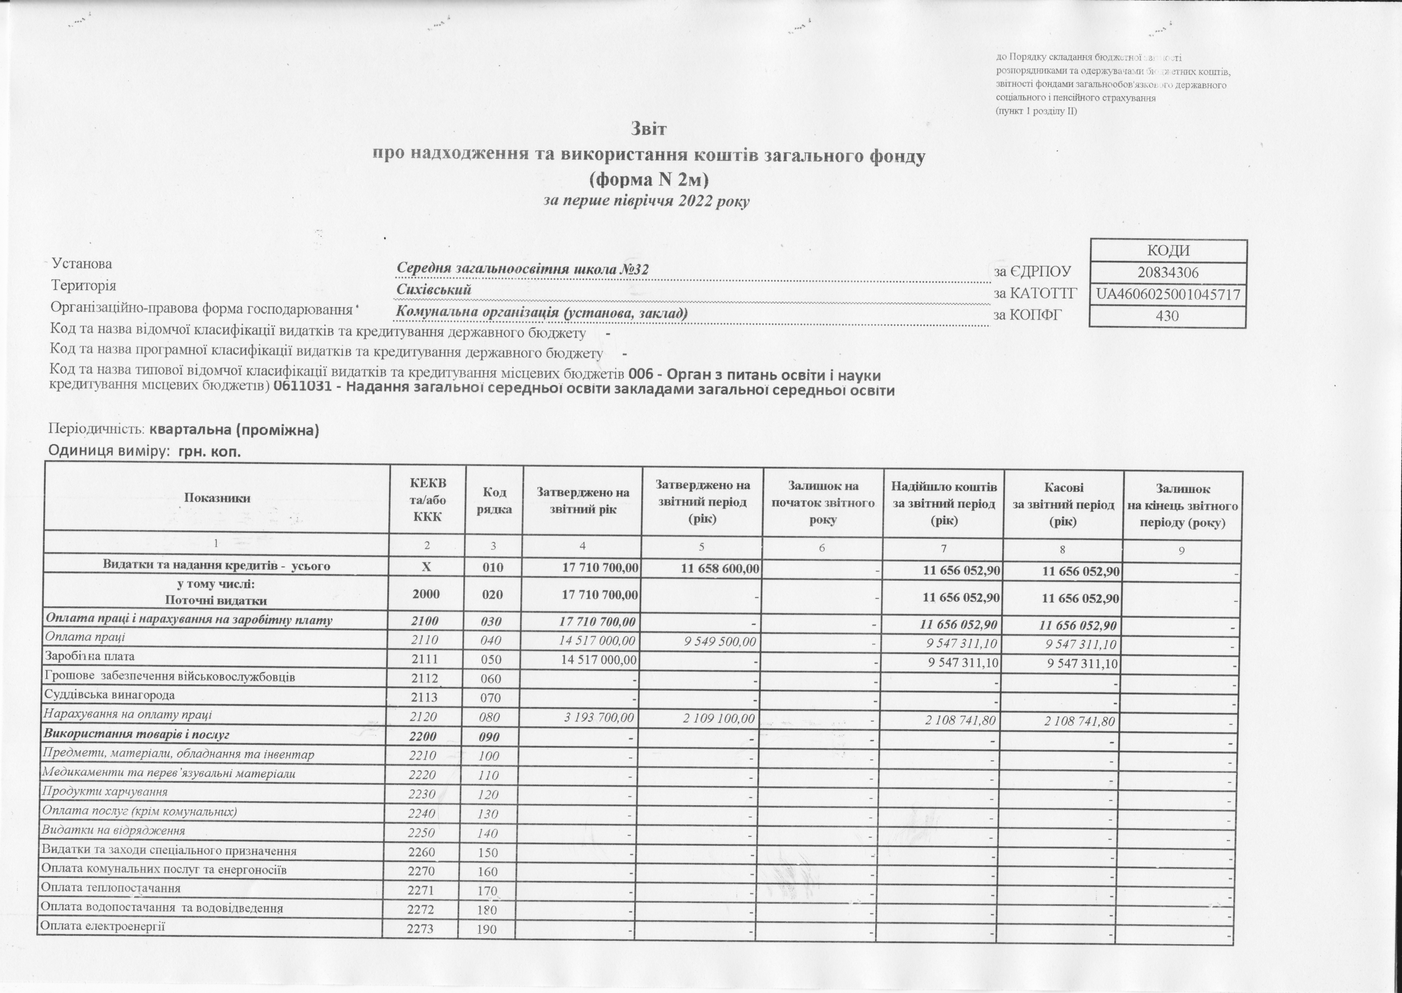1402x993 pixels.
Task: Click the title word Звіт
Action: pos(649,130)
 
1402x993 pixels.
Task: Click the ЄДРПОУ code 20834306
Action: pos(1167,273)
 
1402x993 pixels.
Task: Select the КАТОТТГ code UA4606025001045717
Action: pos(1168,295)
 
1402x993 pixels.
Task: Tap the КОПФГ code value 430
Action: pos(1167,316)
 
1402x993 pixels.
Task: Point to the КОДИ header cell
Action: pos(1167,251)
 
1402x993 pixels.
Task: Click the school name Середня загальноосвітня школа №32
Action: pos(523,269)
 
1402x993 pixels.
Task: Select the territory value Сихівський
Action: pos(434,290)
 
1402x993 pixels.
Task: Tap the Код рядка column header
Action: pos(494,501)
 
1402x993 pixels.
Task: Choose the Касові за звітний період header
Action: pos(1064,504)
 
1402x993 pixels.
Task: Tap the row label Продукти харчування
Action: pos(105,792)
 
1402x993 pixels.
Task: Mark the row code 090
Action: pos(489,737)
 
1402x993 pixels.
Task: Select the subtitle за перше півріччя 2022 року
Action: pos(646,201)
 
